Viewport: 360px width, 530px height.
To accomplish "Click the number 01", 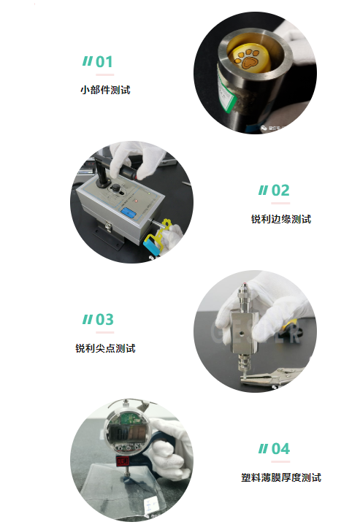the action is pos(104,62).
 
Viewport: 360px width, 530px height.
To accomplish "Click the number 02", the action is pos(280,191).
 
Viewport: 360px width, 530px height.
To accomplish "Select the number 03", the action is pos(104,320).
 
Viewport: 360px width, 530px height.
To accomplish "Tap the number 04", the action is pos(280,449).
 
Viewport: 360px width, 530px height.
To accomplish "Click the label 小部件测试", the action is pos(105,90).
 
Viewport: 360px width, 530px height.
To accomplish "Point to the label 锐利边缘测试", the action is pos(281,219).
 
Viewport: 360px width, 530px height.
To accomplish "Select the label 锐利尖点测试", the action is pos(105,348).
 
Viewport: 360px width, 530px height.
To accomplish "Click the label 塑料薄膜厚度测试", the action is pos(281,477).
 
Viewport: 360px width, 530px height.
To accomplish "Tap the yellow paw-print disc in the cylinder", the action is pos(249,58).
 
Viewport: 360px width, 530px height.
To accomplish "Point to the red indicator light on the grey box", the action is pos(137,201).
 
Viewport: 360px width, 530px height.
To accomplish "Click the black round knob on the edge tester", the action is pos(116,188).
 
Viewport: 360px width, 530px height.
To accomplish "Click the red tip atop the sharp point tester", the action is pos(244,284).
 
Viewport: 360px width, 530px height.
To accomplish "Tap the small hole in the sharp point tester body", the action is pos(242,333).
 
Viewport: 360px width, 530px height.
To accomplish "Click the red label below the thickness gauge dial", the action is pos(123,461).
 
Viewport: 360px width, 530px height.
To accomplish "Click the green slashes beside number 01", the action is pos(87,61).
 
